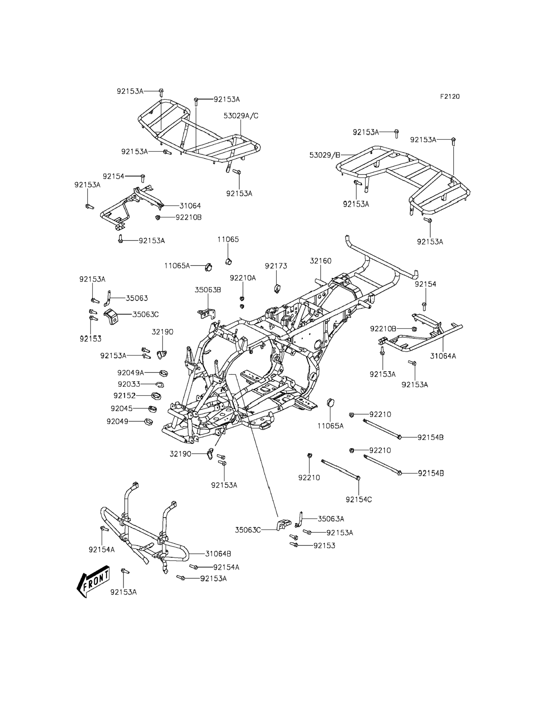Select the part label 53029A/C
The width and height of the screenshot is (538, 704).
pyautogui.click(x=241, y=116)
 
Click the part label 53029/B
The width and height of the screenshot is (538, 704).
pyautogui.click(x=325, y=155)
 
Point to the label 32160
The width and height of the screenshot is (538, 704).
pyautogui.click(x=321, y=261)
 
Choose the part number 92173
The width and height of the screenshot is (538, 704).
pyautogui.click(x=276, y=266)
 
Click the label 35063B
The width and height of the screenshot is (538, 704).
pyautogui.click(x=208, y=290)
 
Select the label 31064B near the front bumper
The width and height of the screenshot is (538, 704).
pyautogui.click(x=218, y=553)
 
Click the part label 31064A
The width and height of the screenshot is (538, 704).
pyautogui.click(x=443, y=356)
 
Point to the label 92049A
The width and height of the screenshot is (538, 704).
pyautogui.click(x=131, y=373)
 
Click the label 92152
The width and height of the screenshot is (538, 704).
pyautogui.click(x=124, y=396)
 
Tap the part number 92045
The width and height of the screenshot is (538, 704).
pyautogui.click(x=122, y=408)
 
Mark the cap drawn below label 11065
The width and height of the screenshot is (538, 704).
pyautogui.click(x=228, y=262)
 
